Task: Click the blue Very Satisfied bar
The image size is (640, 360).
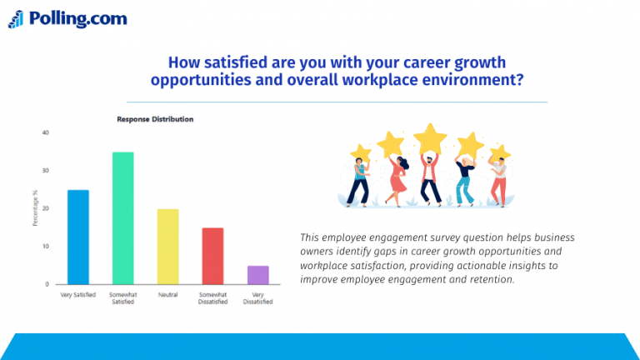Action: pos(78,237)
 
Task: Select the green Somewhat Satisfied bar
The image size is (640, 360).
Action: pos(123,218)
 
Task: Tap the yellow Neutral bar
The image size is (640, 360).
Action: pos(168,247)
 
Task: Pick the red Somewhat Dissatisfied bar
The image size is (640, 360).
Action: pos(213,256)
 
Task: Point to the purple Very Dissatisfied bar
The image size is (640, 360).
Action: pos(258,275)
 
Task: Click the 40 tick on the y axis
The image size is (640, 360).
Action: pos(45,132)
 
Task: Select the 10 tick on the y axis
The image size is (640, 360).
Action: pos(45,247)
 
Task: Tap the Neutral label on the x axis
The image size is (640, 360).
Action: pos(168,295)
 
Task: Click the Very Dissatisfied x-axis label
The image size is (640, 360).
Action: pos(258,298)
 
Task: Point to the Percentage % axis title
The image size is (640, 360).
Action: pos(35,208)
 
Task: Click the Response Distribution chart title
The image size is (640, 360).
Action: pos(155,119)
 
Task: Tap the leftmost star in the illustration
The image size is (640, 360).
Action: pos(360,153)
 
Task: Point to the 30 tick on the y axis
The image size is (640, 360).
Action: pos(45,171)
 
